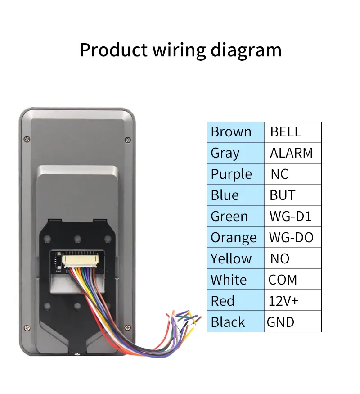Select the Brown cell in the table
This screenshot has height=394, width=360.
click(235, 132)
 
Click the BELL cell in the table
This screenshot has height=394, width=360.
click(292, 132)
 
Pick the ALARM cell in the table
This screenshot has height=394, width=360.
click(292, 153)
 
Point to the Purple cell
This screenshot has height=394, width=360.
click(235, 174)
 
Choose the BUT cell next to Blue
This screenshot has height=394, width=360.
click(292, 195)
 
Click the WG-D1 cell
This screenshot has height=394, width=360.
click(292, 217)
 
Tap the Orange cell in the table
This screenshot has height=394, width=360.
click(235, 237)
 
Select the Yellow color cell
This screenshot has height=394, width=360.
click(235, 258)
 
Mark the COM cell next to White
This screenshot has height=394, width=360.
click(292, 280)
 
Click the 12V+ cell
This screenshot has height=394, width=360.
click(292, 301)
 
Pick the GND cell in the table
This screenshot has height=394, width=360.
click(292, 322)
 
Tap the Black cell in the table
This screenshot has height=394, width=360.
click(235, 322)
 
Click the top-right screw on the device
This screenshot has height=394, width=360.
click(127, 140)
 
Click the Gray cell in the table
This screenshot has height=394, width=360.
click(235, 153)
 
